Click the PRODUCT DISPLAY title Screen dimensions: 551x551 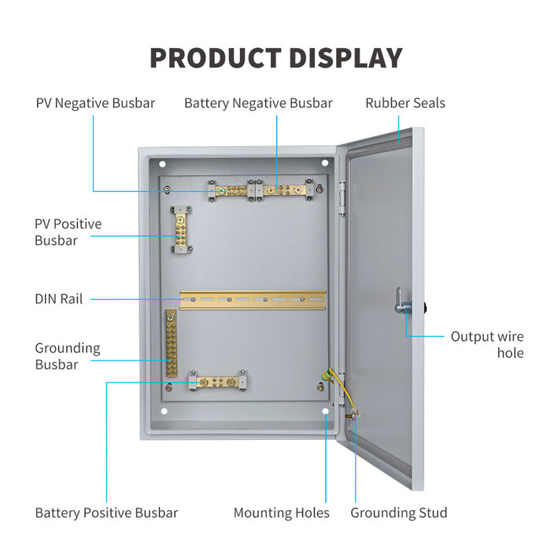275,58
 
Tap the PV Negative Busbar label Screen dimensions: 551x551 95,103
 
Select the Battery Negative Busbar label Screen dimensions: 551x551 258,103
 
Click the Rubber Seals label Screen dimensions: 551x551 405,103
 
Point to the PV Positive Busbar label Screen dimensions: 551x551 68,232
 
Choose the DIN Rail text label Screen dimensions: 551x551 58,299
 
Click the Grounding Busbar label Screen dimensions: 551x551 68,356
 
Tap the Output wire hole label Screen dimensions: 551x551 486,345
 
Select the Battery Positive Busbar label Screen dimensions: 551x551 106,513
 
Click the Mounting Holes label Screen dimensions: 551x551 281,513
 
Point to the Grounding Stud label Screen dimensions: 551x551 399,513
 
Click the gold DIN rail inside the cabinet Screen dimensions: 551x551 252,299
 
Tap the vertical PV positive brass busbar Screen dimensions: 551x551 180,231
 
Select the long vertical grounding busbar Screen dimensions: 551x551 170,345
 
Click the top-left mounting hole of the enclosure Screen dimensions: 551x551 162,165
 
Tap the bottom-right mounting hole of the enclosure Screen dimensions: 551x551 325,411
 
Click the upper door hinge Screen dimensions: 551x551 342,197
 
